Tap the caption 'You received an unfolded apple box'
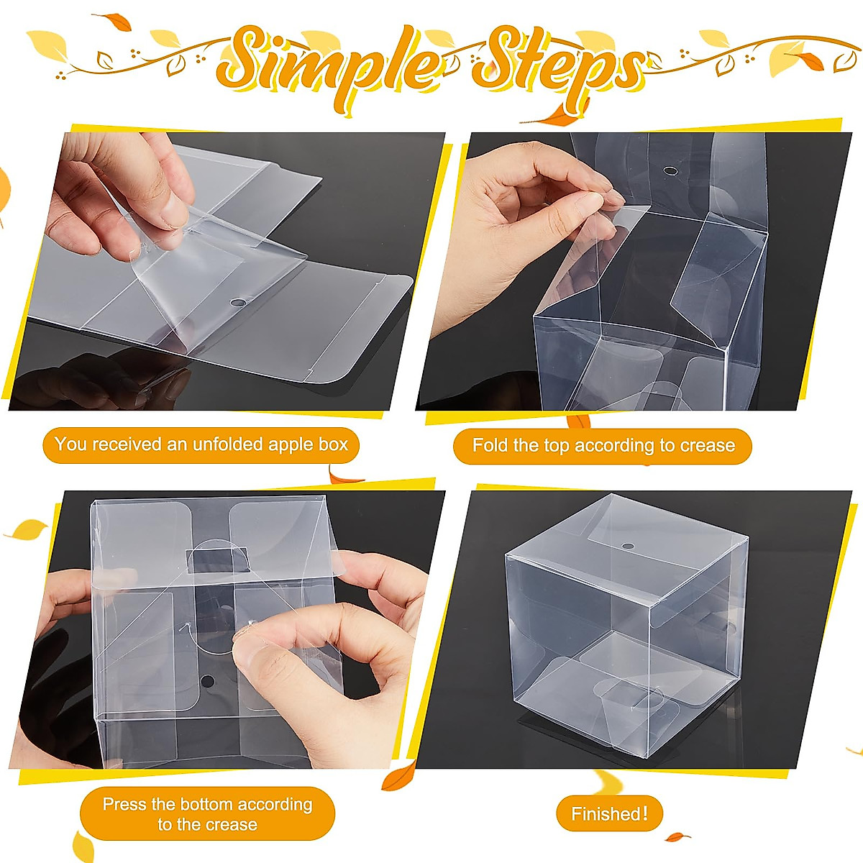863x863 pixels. point(201,444)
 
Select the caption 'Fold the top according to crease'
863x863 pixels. point(603,445)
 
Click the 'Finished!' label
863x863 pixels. point(609,814)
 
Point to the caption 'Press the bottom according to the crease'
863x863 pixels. point(207,814)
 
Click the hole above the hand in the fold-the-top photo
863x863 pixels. point(670,172)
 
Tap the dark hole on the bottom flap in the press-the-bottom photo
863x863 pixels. point(207,680)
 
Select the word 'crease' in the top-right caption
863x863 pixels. point(708,445)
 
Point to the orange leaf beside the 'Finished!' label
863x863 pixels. point(677,836)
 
